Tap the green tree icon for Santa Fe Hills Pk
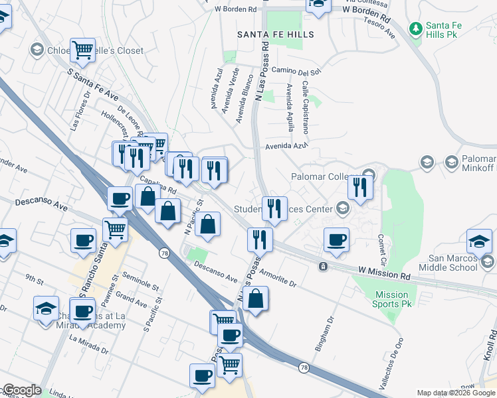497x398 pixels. pos(416,28)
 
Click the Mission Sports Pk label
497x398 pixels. pos(391,299)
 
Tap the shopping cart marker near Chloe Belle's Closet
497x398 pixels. pos(84,49)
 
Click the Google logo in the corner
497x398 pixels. pos(22,390)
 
